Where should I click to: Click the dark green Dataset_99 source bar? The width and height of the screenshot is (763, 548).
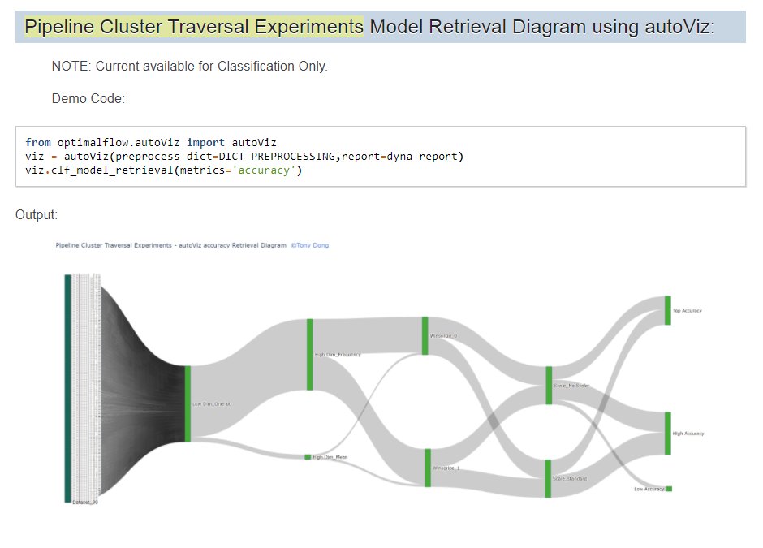pos(68,388)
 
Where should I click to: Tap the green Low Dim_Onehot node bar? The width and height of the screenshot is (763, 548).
pos(188,403)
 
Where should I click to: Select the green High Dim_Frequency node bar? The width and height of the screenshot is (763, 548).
pos(309,354)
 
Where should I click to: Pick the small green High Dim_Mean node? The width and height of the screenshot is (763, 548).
pos(308,457)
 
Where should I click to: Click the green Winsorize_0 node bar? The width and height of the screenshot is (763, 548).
pos(425,335)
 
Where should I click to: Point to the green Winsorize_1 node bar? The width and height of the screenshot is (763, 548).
pos(427,468)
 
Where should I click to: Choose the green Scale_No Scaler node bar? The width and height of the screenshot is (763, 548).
pos(549,385)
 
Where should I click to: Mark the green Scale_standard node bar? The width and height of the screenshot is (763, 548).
pos(548,478)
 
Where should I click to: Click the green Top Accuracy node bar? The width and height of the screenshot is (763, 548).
pos(668,310)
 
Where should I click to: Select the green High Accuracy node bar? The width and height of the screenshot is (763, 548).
pos(668,433)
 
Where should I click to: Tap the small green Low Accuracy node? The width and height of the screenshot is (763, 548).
pos(669,489)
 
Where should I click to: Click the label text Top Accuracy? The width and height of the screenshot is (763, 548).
pos(688,311)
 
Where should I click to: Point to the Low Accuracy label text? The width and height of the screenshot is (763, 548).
pos(649,489)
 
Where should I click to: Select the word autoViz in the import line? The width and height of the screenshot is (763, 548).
pos(254,142)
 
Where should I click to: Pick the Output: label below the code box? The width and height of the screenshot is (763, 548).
pos(37,214)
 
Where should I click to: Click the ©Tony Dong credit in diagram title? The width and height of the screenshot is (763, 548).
pos(310,245)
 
